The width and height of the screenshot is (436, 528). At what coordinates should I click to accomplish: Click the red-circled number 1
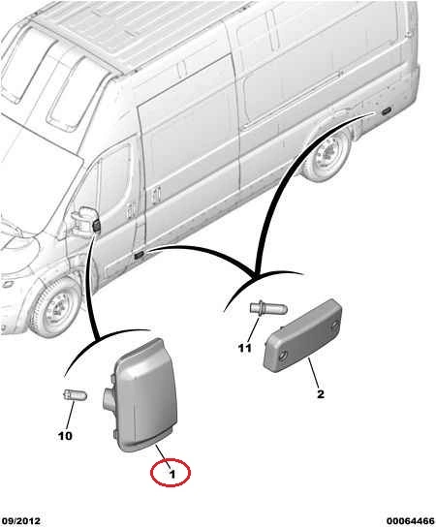[172, 474]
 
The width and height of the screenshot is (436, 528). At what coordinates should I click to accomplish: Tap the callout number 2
[321, 394]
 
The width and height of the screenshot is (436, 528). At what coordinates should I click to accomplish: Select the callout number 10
[65, 436]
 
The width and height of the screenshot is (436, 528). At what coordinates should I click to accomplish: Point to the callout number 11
[245, 348]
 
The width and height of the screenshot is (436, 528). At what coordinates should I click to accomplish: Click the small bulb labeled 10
[76, 394]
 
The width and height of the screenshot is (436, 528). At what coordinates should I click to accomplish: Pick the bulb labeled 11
[268, 308]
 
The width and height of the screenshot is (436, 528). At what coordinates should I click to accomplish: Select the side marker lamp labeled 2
[302, 336]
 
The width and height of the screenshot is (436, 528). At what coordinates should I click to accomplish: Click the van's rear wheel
[327, 155]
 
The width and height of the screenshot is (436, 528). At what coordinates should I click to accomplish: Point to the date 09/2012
[20, 521]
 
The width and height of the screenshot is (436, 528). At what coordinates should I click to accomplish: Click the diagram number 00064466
[411, 521]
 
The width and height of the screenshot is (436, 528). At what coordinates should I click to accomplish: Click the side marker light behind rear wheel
[386, 111]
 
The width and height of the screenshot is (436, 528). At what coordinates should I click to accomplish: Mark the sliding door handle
[155, 196]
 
